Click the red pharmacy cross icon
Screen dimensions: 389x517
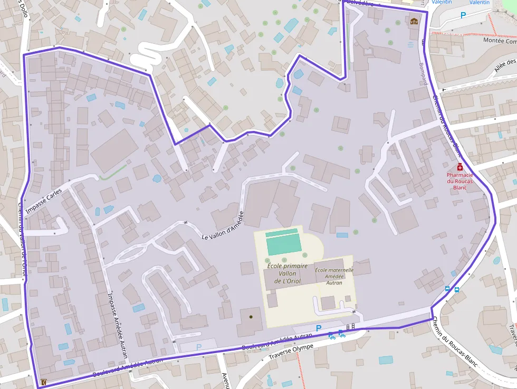(460, 167)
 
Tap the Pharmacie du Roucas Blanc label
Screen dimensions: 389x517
(459, 181)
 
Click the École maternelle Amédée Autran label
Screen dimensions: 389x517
(334, 276)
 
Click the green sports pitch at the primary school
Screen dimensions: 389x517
(284, 243)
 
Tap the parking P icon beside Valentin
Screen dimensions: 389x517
(463, 15)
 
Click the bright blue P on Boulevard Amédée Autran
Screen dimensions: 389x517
(318, 328)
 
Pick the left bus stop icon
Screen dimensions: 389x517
(448, 289)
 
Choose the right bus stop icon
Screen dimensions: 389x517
(456, 289)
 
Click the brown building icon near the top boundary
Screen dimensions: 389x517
(414, 22)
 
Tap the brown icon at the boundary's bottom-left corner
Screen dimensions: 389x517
(43, 382)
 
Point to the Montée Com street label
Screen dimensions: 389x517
(500, 41)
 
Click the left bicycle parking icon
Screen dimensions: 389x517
(332, 335)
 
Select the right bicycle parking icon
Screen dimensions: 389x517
(341, 333)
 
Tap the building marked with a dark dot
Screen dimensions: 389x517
(251, 317)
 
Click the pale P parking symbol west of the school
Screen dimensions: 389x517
(198, 347)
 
